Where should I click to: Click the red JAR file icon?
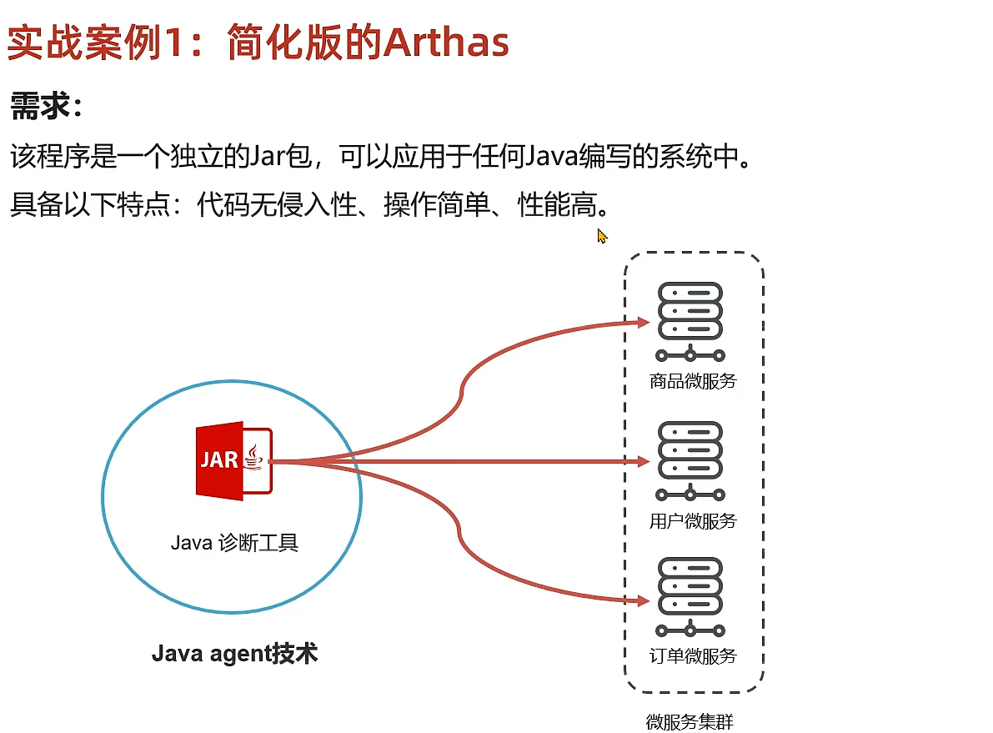point(233,461)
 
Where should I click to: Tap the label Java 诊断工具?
point(234,543)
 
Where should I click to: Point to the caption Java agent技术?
point(234,653)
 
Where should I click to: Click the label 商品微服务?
point(693,381)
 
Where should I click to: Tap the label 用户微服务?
point(693,521)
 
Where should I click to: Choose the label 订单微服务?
point(693,655)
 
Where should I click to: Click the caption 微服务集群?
point(690,721)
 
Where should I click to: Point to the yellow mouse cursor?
point(602,236)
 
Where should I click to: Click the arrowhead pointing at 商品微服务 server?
point(642,322)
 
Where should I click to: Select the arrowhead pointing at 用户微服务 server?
point(642,461)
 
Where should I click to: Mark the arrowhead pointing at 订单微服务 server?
point(642,600)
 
